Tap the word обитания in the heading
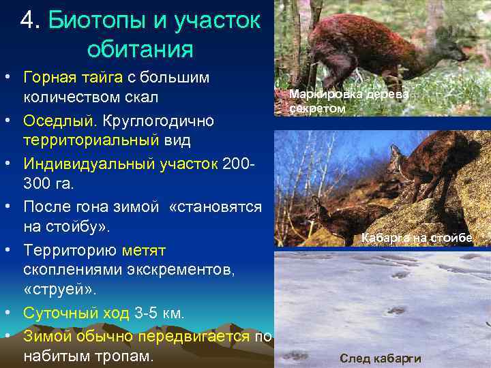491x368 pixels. click(x=140, y=49)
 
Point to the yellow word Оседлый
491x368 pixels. click(x=61, y=121)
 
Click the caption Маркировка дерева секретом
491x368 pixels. click(x=348, y=102)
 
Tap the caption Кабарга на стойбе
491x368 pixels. click(x=416, y=238)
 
